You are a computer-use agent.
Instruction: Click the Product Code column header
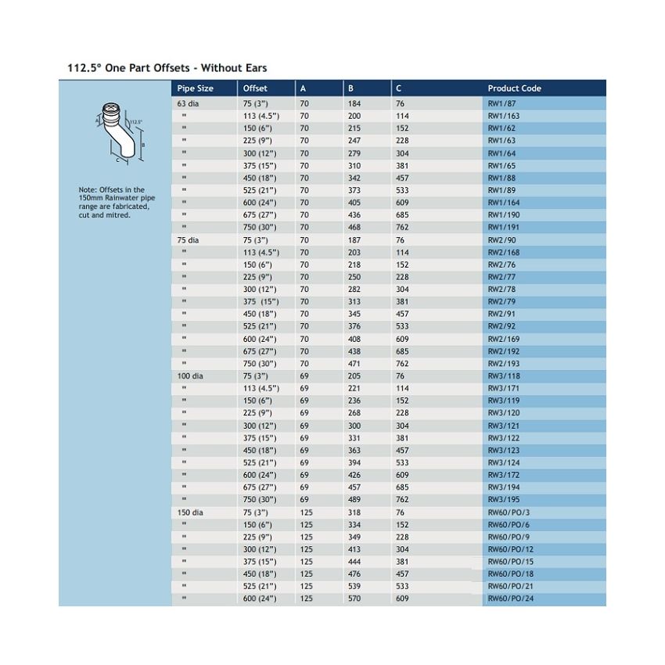(514, 88)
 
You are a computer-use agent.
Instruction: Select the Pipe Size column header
(195, 88)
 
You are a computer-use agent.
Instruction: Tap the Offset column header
(255, 88)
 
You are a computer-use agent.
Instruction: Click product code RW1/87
(501, 103)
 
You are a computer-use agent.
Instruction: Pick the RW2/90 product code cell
(501, 240)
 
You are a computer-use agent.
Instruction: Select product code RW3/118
(503, 376)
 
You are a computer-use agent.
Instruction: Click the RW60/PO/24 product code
(510, 599)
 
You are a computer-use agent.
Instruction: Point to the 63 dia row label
(188, 103)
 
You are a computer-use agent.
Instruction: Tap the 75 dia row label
(188, 240)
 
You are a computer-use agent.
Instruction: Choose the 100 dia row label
(190, 376)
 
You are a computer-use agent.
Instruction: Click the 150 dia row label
(190, 512)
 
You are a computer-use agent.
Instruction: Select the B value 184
(354, 103)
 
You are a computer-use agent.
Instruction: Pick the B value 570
(354, 599)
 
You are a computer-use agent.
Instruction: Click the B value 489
(354, 500)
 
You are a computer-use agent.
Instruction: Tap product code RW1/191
(503, 228)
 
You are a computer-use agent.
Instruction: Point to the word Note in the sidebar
(87, 190)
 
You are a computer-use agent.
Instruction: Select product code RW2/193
(503, 364)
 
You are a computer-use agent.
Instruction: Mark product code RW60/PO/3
(509, 512)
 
